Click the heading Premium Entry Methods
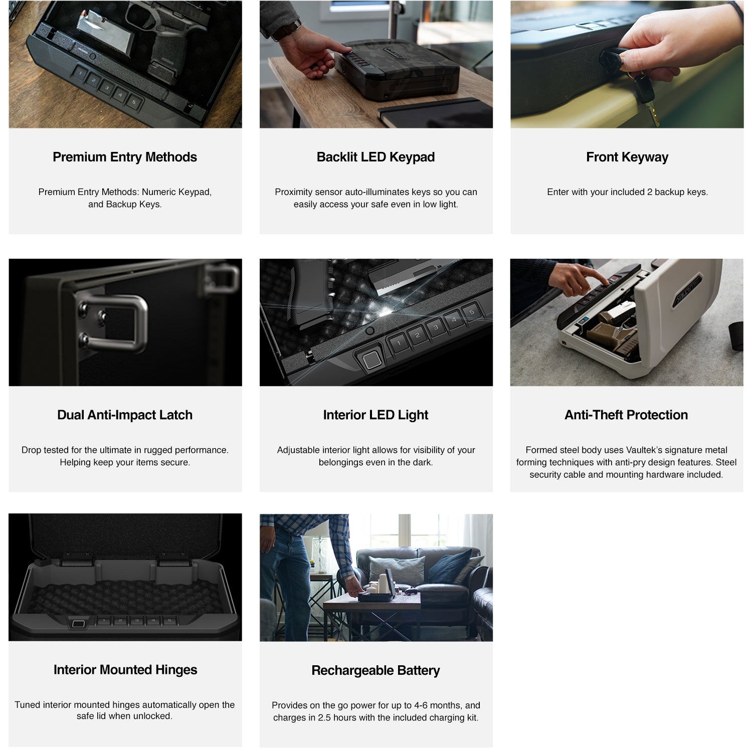coord(125,157)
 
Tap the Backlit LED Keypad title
coord(375,157)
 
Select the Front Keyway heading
coord(627,157)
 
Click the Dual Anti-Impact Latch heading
coord(125,415)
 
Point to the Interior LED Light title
coord(375,415)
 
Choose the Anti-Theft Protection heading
coord(626,415)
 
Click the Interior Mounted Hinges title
coord(125,670)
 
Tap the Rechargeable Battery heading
coord(375,670)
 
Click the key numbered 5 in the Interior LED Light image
coord(471,312)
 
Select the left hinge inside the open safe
coord(76,559)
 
